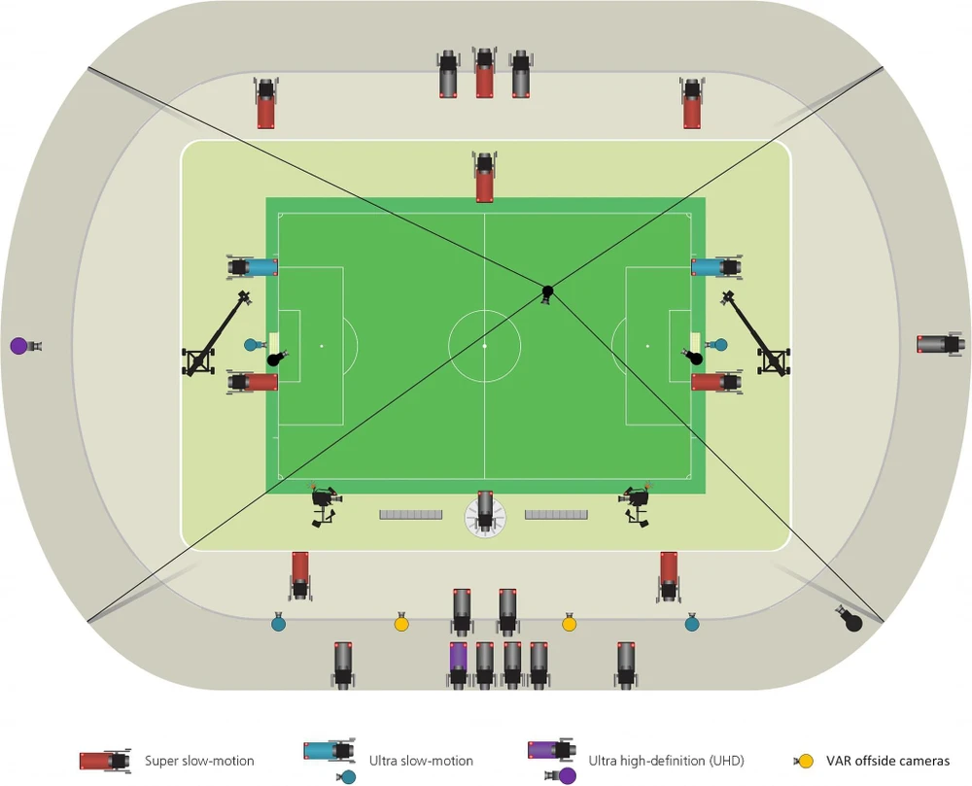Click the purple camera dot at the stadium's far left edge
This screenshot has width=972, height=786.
point(18,345)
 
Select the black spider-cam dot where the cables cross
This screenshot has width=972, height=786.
point(547,290)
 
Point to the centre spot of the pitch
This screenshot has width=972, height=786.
point(484,345)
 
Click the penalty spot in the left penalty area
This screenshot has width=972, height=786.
point(322,345)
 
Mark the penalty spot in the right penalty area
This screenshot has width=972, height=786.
point(647,345)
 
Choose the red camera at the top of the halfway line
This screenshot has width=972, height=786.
point(484,178)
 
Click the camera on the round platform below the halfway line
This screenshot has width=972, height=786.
point(484,513)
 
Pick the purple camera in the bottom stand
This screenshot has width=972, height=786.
point(458,665)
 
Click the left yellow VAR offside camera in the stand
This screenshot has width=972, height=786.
point(401,623)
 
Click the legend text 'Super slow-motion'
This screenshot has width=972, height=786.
point(199,761)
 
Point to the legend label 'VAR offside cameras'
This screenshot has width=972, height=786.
point(887,761)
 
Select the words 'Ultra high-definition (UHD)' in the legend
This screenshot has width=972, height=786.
point(660,761)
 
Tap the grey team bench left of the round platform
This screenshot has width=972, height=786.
point(410,514)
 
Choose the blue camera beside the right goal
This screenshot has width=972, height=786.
point(716,266)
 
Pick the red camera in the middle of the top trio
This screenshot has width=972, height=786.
point(484,74)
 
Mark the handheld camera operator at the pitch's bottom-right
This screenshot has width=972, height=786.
point(638,503)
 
